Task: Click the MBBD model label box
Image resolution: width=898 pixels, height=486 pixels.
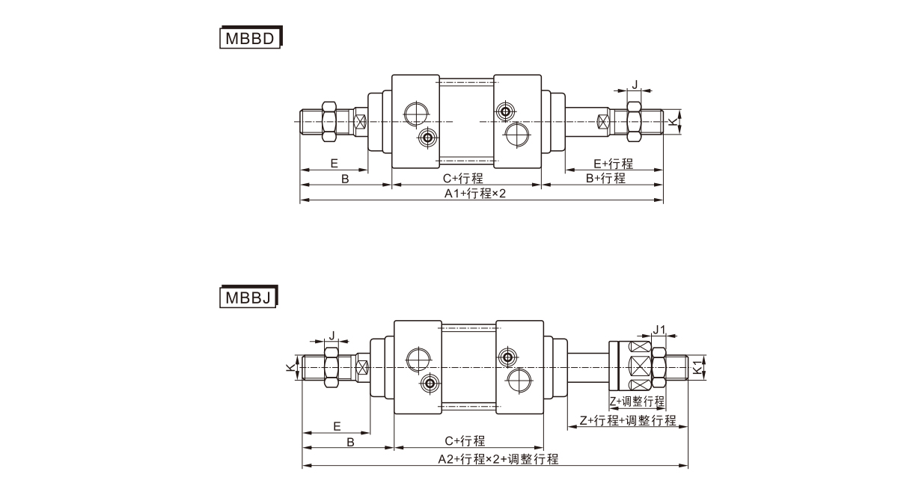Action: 250,37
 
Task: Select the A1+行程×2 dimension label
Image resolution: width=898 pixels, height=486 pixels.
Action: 475,193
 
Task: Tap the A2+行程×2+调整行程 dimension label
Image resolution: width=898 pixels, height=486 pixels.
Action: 498,458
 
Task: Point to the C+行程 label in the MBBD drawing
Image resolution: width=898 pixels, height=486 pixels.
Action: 462,178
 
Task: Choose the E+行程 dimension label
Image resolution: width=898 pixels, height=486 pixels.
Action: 613,164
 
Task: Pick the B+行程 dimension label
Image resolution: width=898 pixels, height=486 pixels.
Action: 605,178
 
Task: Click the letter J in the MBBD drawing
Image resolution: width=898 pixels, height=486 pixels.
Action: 635,84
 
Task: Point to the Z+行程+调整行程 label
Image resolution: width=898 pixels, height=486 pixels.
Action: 628,420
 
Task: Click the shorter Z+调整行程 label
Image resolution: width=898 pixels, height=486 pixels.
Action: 636,401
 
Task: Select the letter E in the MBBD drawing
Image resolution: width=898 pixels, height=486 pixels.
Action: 334,163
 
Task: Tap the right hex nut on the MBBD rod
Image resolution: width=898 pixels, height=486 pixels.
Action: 632,120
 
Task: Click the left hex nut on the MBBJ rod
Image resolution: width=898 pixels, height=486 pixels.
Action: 332,367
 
